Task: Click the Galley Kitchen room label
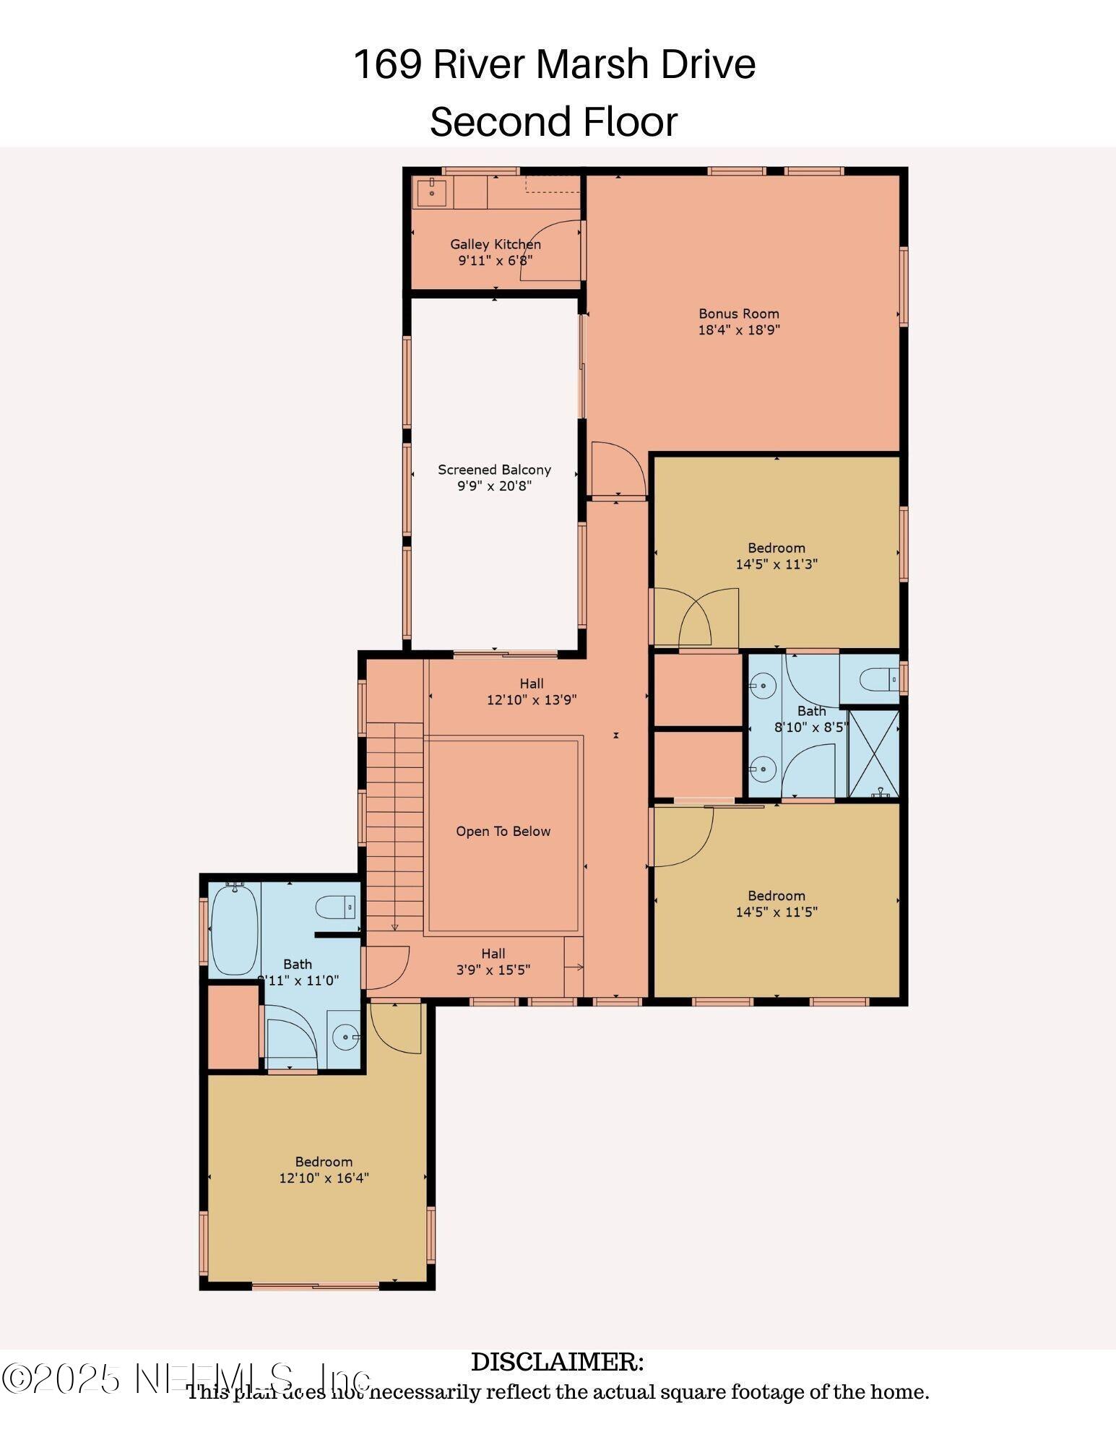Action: [x=495, y=244]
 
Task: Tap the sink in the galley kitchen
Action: [x=431, y=191]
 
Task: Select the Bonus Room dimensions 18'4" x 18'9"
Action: [x=738, y=330]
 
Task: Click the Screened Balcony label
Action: [x=494, y=470]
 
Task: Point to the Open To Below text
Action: [x=503, y=832]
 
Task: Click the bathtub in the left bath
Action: [x=234, y=930]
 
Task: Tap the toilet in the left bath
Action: [x=335, y=907]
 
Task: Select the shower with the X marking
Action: [x=873, y=754]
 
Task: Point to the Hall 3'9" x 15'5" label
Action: [x=493, y=962]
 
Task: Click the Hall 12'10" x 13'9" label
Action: [x=532, y=691]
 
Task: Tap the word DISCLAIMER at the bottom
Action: [x=557, y=1362]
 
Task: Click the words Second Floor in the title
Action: [x=553, y=121]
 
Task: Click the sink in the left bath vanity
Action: [x=346, y=1038]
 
